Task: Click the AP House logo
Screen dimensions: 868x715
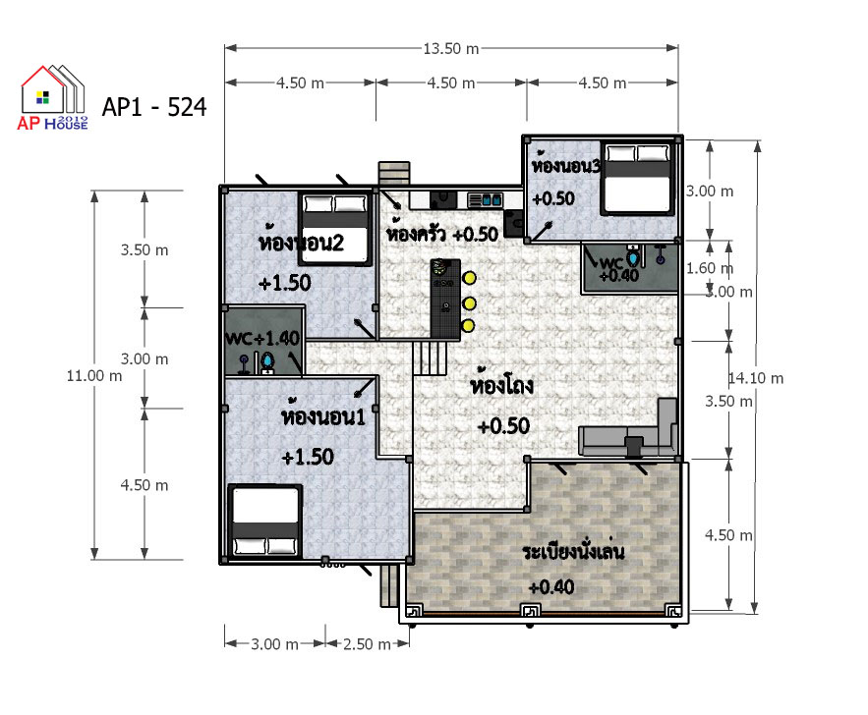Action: point(52,97)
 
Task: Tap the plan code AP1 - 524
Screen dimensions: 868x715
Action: point(154,107)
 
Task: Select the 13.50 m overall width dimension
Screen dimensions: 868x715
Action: point(450,49)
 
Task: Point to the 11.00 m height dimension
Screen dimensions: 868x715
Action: point(94,376)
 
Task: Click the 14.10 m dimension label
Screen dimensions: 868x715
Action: point(756,378)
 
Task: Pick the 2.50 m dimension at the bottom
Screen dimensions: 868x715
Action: point(367,644)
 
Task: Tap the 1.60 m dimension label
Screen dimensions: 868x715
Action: point(710,268)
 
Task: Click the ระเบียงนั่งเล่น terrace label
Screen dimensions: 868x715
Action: point(573,550)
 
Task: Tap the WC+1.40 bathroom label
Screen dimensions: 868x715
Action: point(262,338)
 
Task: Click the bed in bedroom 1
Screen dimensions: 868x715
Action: point(265,521)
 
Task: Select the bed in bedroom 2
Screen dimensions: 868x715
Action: point(335,229)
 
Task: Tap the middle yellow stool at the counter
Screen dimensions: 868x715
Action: point(470,302)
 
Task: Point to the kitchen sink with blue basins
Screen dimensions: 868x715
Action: point(486,199)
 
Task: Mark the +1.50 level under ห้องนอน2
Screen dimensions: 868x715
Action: point(285,283)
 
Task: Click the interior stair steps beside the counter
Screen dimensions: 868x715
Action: point(430,357)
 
